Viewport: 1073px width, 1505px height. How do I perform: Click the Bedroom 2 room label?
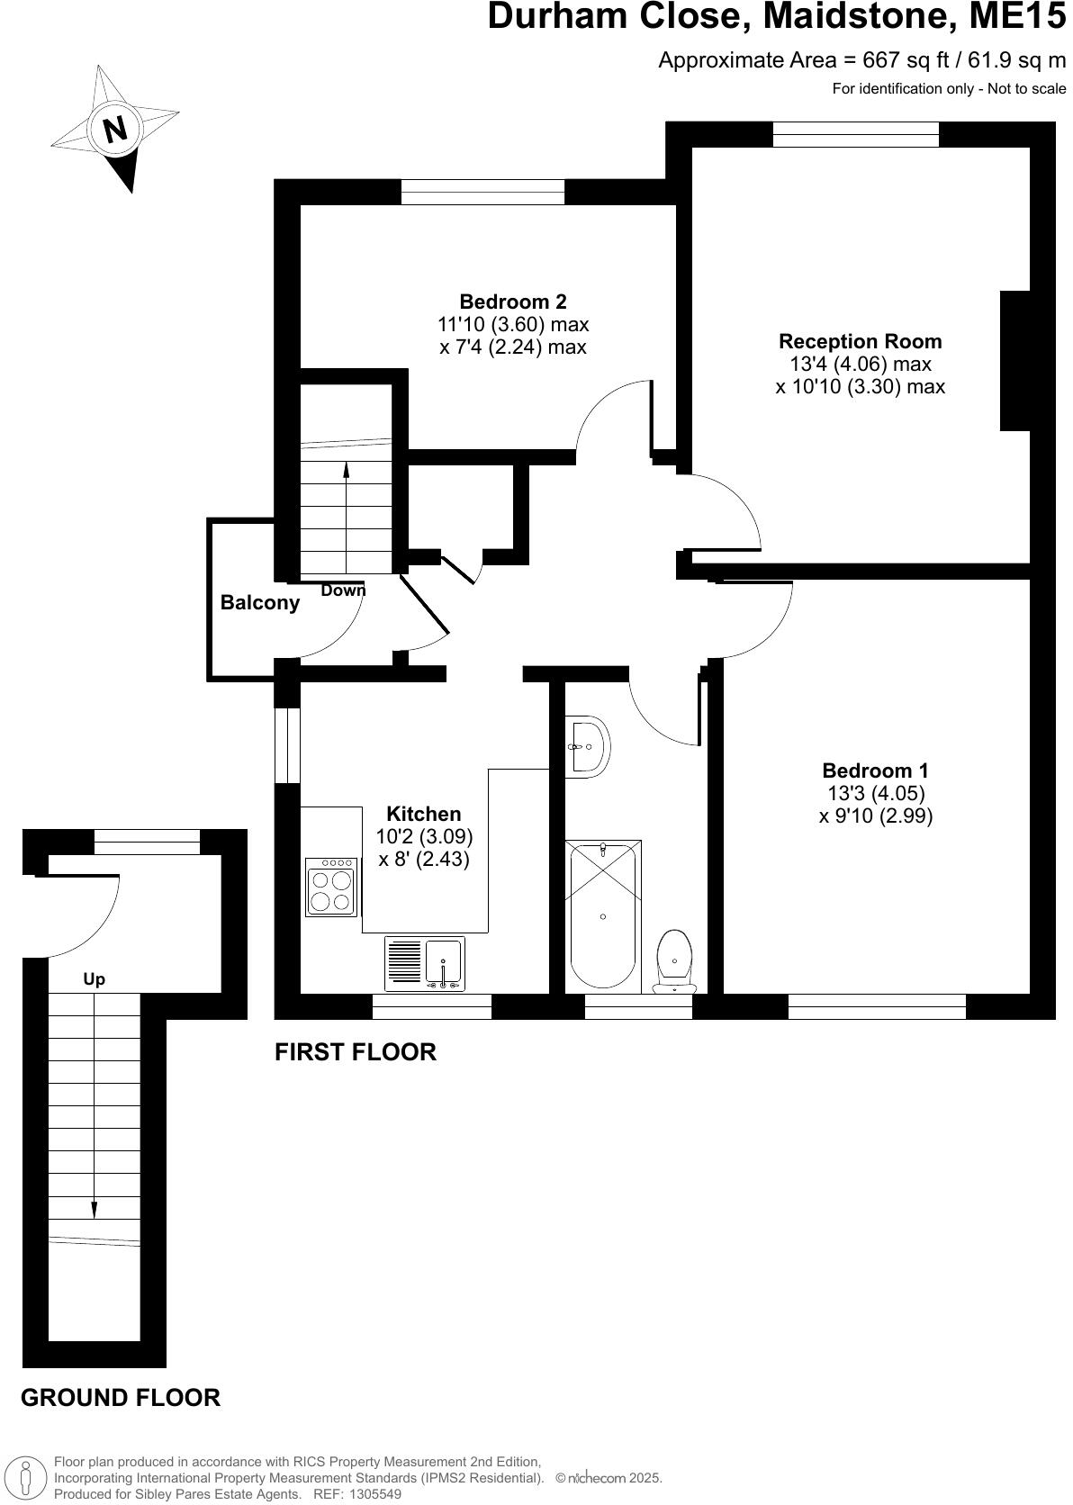(513, 302)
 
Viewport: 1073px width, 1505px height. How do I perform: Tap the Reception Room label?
(860, 341)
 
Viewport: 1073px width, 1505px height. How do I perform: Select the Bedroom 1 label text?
(875, 771)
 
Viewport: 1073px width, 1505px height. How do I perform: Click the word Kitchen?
(423, 814)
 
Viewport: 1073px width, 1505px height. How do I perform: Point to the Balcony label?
(260, 603)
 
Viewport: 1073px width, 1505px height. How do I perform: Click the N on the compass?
(114, 130)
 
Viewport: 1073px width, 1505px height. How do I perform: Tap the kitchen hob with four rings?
(331, 888)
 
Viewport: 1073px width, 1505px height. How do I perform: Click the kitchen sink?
(444, 963)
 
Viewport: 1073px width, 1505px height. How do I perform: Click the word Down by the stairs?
(344, 591)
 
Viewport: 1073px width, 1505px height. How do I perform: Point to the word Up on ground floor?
(94, 979)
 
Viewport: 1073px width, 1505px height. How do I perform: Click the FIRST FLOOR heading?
(355, 1051)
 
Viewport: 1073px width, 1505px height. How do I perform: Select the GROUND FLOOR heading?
(120, 1398)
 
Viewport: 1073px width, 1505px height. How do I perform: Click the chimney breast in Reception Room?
(1015, 360)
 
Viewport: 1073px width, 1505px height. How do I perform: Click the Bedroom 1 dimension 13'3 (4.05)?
(875, 793)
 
